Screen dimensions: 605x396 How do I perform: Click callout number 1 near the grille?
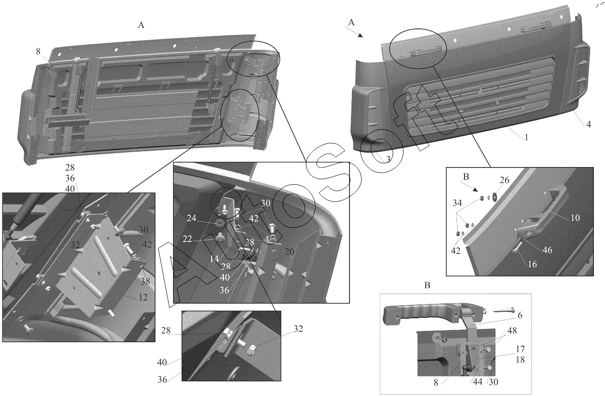[x=526, y=137]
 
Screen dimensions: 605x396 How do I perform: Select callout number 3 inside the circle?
[x=389, y=159]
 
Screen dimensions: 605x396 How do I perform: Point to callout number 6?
[x=520, y=315]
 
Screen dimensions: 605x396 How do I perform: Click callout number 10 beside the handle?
[x=575, y=218]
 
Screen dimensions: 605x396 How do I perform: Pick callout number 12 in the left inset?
[x=143, y=297]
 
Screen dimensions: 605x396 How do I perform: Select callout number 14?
[x=214, y=259]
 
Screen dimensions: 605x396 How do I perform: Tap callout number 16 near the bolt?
[x=532, y=264]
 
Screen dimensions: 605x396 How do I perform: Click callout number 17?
[x=520, y=349]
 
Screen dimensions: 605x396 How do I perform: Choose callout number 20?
[x=289, y=251]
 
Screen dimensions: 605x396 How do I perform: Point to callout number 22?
[x=187, y=239]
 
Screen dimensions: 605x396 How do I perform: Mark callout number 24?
[x=191, y=218]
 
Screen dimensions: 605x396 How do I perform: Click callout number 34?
[x=457, y=202]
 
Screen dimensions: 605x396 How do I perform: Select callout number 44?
[x=477, y=382]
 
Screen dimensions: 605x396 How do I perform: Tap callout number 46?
[x=547, y=250]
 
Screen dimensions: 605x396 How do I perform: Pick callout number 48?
[x=512, y=331]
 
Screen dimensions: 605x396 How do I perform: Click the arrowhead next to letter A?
[x=360, y=35]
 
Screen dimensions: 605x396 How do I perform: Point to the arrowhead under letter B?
[x=476, y=190]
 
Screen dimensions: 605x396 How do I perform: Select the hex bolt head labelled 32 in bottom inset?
[x=251, y=350]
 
